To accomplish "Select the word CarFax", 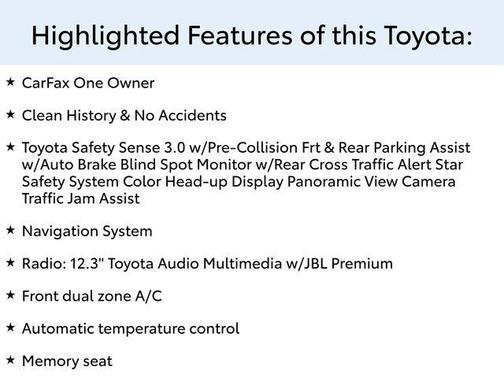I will [x=45, y=83].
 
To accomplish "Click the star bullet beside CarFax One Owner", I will [x=10, y=82].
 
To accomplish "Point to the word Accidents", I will [x=191, y=115].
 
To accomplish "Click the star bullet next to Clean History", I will [x=10, y=114].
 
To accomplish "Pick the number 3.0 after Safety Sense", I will [x=175, y=148].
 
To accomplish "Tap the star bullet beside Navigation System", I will [x=10, y=230].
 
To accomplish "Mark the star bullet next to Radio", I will [x=10, y=263].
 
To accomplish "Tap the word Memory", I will [x=51, y=361].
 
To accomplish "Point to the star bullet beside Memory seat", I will [x=10, y=360].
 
